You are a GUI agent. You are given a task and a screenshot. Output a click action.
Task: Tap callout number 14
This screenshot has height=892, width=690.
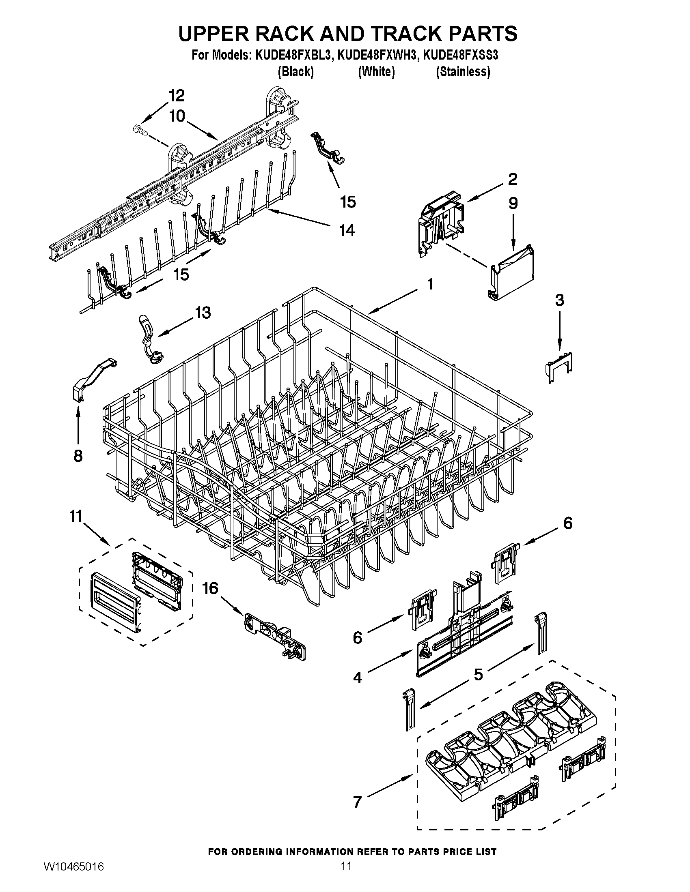tap(347, 231)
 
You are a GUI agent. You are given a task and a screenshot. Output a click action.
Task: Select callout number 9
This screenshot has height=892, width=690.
tap(513, 204)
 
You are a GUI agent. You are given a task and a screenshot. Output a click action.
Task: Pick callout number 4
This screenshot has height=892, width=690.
tap(357, 678)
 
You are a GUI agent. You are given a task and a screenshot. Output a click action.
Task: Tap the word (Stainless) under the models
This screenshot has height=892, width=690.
tap(463, 72)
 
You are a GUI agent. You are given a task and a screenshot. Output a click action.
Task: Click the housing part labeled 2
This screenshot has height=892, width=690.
tap(441, 223)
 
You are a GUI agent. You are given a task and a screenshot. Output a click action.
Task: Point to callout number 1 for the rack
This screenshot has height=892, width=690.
tap(430, 284)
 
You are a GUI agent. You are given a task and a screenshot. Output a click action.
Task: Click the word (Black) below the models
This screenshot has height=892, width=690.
tap(295, 72)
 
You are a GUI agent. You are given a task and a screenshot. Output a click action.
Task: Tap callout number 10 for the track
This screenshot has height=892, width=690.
tap(177, 116)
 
